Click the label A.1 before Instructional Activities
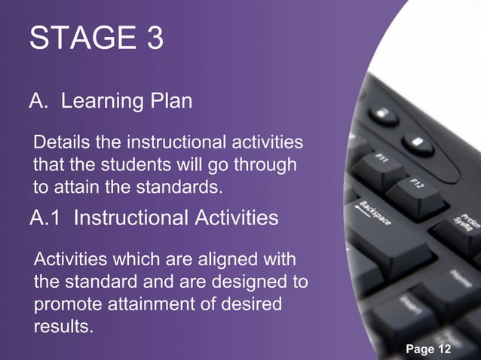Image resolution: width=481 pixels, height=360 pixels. pyautogui.click(x=46, y=218)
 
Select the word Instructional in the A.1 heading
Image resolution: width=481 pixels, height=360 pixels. pyautogui.click(x=130, y=218)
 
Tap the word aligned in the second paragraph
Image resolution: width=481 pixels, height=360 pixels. pyautogui.click(x=219, y=261)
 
